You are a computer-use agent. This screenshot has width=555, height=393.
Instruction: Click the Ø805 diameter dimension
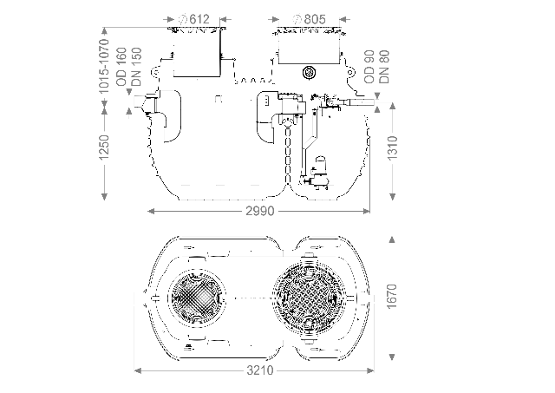click(310, 18)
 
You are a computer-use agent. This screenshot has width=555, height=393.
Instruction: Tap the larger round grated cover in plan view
click(309, 296)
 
